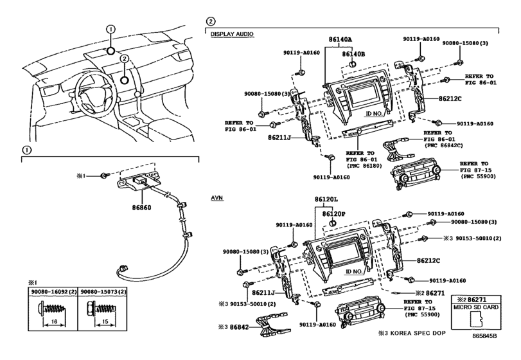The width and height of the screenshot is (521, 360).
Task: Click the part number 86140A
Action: coord(340,39)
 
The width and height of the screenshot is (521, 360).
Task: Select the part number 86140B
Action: coord(353,53)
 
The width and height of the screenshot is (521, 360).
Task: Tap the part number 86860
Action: coord(141,208)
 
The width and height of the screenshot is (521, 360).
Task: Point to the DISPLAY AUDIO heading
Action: coord(232,34)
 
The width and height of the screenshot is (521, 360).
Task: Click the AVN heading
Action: coord(217,198)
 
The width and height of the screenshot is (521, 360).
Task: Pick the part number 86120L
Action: coord(326,199)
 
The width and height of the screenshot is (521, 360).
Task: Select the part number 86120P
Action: coord(333,214)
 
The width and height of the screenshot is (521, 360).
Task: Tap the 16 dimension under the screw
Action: coord(55,321)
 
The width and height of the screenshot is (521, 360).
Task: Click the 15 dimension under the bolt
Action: coord(105,321)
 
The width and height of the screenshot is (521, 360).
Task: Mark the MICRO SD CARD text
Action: coord(476,307)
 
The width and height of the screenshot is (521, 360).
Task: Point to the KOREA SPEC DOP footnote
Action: coord(412,333)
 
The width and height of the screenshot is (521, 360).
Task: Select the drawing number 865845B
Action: coord(485,336)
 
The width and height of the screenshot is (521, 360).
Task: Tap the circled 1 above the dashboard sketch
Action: coord(110,30)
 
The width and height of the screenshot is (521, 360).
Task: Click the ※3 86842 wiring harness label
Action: coord(233,327)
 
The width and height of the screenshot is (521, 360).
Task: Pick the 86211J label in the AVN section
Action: coord(263,293)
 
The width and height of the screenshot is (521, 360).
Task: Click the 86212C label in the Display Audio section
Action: coord(450,99)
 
